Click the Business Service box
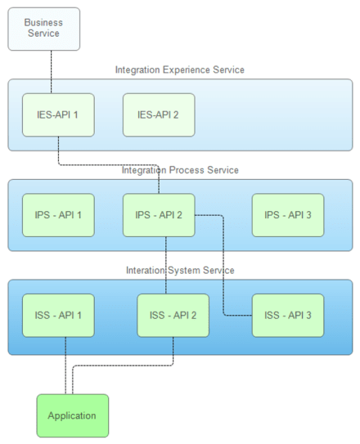pyautogui.click(x=44, y=29)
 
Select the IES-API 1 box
pyautogui.click(x=58, y=115)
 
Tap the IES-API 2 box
pyautogui.click(x=159, y=115)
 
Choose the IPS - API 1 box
pyautogui.click(x=58, y=215)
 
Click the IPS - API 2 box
pyautogui.click(x=159, y=215)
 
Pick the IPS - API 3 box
pyautogui.click(x=288, y=215)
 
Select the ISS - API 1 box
pyautogui.click(x=58, y=316)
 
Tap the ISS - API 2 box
pyautogui.click(x=173, y=316)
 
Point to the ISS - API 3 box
pyautogui.click(x=288, y=316)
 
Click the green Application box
pyautogui.click(x=73, y=415)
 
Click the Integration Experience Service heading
pyautogui.click(x=180, y=70)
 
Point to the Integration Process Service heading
pyautogui.click(x=180, y=170)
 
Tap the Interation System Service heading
pyautogui.click(x=180, y=271)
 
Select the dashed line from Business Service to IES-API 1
pyautogui.click(x=52, y=72)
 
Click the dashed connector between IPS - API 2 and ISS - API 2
pyautogui.click(x=166, y=265)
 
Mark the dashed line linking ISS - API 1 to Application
pyautogui.click(x=65, y=366)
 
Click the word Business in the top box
pyautogui.click(x=43, y=23)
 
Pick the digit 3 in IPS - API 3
pyautogui.click(x=308, y=215)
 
